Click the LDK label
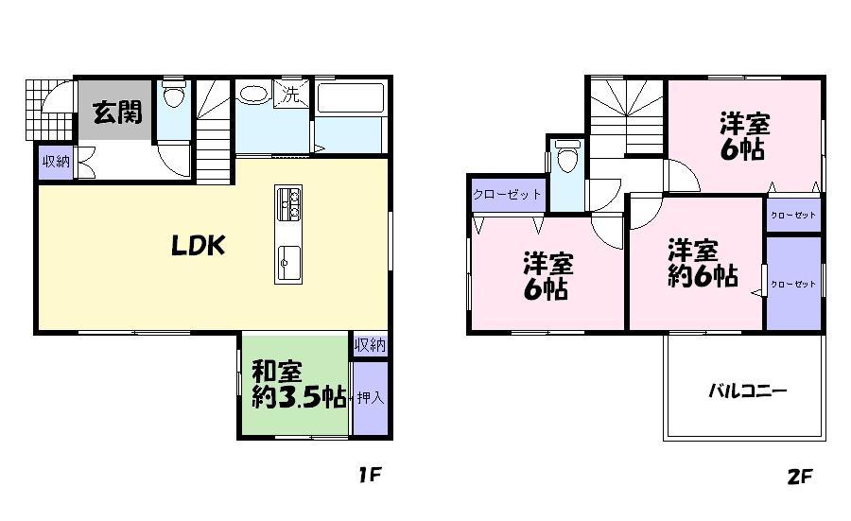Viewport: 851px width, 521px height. (x=197, y=246)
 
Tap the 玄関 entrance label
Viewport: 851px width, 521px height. (x=117, y=113)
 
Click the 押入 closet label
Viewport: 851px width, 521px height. (x=370, y=397)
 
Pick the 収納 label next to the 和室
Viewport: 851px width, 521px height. (x=370, y=345)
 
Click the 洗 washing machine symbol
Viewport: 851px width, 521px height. (x=291, y=94)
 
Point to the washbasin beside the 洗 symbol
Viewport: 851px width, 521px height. (x=253, y=94)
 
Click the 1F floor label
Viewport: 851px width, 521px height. (x=369, y=476)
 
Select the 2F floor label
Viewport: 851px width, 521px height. (x=799, y=476)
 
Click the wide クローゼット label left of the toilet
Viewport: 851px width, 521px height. (x=508, y=195)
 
